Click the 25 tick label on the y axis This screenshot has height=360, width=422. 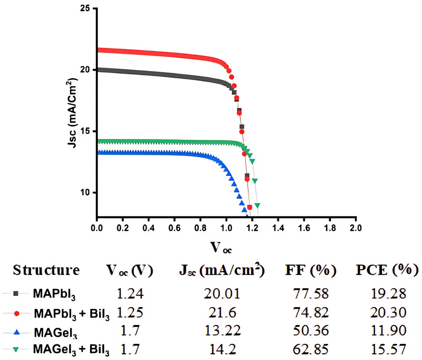[x=86, y=9]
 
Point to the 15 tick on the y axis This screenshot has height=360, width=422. [x=86, y=131]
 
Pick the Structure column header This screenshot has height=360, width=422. [x=46, y=271]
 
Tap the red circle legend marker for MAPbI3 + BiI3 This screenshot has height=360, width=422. [x=16, y=313]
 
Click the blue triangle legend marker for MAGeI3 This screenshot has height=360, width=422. [x=16, y=331]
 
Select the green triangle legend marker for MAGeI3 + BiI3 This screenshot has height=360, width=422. [x=16, y=350]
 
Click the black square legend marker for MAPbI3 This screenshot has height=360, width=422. [x=16, y=294]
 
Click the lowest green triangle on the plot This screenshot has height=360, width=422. [x=257, y=206]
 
